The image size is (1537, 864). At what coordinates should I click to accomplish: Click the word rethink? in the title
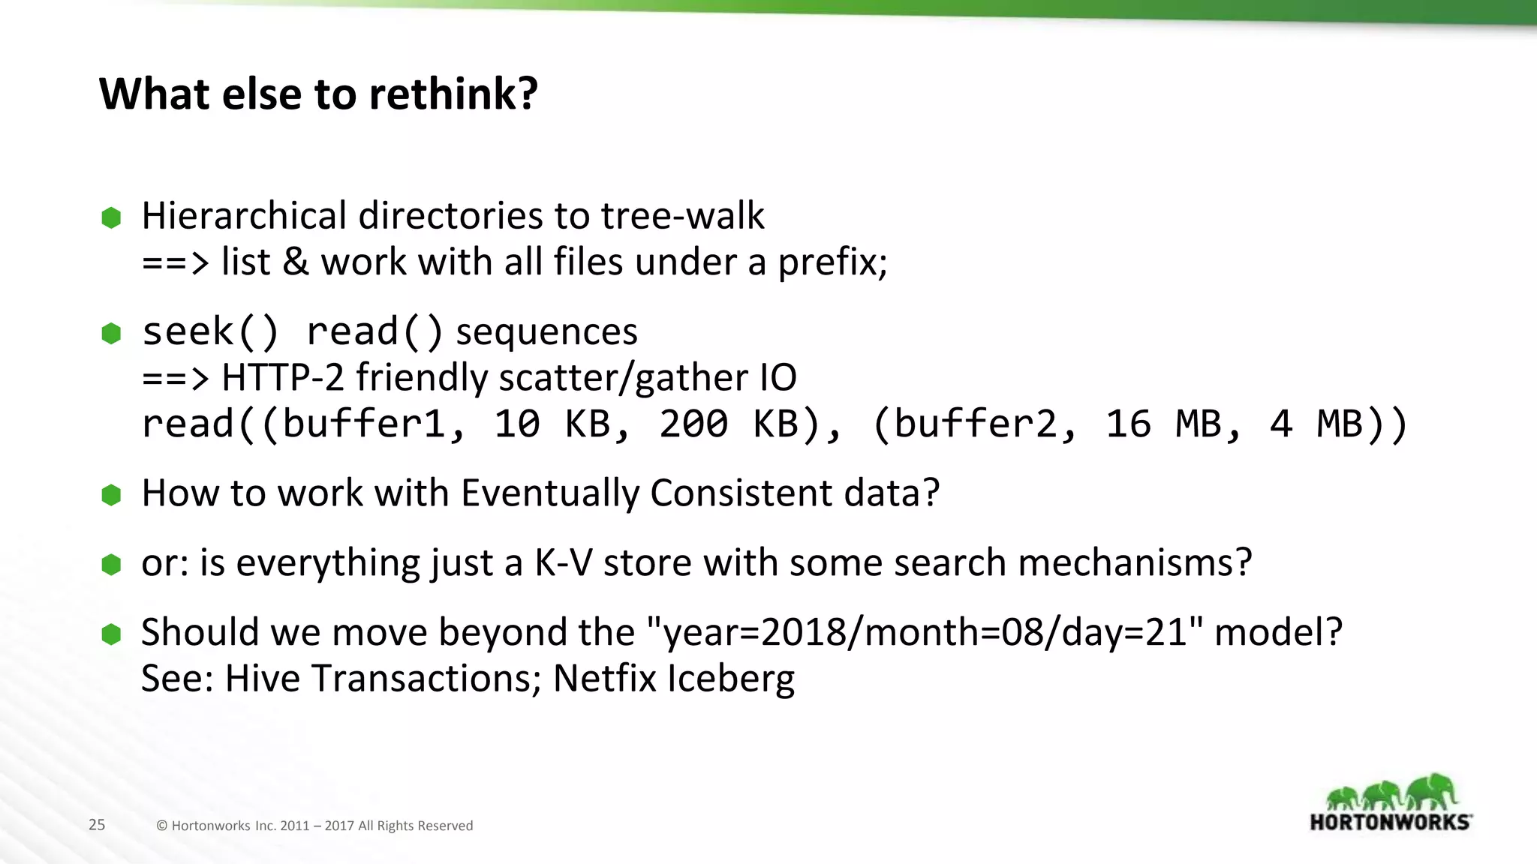(x=453, y=94)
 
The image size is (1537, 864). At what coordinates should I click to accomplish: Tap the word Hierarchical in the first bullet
(x=245, y=216)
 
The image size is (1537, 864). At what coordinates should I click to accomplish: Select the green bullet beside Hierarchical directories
(x=111, y=217)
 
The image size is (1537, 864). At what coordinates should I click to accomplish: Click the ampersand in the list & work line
(x=295, y=262)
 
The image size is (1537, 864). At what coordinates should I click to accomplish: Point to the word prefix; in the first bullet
(x=832, y=262)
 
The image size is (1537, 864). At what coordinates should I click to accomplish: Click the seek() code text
(x=210, y=331)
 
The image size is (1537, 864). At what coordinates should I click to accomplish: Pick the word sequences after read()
(x=546, y=331)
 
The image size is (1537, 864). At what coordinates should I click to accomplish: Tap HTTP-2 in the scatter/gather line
(x=282, y=377)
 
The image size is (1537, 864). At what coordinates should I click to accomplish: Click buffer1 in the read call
(x=363, y=424)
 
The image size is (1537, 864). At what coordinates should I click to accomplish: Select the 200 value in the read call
(x=693, y=424)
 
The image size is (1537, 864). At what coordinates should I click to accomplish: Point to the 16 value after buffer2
(x=1128, y=424)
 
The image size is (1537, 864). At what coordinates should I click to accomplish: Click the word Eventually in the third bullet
(x=549, y=493)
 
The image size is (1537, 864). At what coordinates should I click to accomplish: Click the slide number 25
(x=97, y=825)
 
